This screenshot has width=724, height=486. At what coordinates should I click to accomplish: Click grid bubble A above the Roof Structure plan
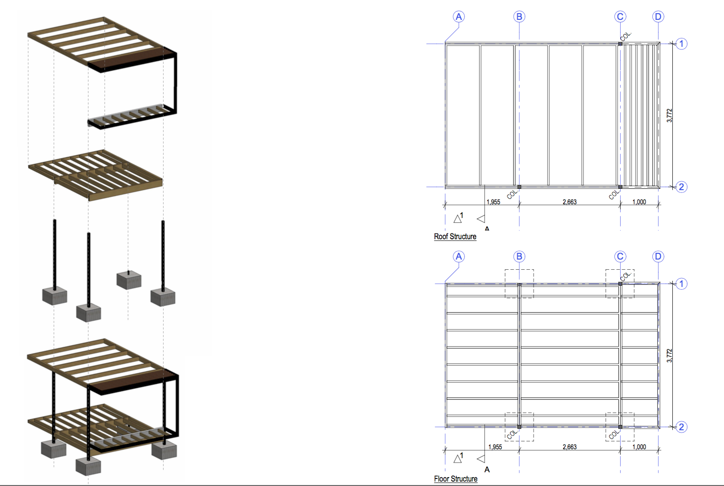pos(459,16)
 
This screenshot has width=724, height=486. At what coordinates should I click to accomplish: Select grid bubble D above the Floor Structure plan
pos(658,256)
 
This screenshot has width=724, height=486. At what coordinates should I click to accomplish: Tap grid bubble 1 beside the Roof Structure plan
pos(681,44)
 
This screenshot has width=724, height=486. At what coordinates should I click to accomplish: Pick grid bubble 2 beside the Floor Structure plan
pos(681,427)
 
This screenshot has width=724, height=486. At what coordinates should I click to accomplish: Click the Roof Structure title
pos(455,237)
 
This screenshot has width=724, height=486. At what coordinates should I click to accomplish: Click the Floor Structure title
pos(456,479)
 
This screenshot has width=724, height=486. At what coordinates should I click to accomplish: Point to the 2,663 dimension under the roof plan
pos(569,202)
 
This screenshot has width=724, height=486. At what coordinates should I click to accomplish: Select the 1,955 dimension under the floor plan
pos(495,447)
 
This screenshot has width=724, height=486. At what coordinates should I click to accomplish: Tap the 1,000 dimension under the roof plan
pos(639,202)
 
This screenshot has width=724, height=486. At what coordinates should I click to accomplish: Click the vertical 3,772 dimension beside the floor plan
pos(669,356)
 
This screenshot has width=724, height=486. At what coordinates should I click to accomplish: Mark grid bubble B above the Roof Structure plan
pos(519,16)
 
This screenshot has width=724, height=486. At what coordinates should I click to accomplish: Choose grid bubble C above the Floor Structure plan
pos(620,256)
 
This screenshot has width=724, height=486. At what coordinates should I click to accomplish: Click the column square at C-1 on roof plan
pos(620,44)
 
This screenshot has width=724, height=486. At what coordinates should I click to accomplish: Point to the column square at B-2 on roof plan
pos(519,187)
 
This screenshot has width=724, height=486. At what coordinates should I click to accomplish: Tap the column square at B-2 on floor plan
pos(519,427)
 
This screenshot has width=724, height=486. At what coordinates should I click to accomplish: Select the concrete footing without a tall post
pos(129,279)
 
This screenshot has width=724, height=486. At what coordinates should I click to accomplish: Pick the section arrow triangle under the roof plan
pos(481,219)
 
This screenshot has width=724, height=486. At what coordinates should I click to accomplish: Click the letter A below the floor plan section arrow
pos(487,470)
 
